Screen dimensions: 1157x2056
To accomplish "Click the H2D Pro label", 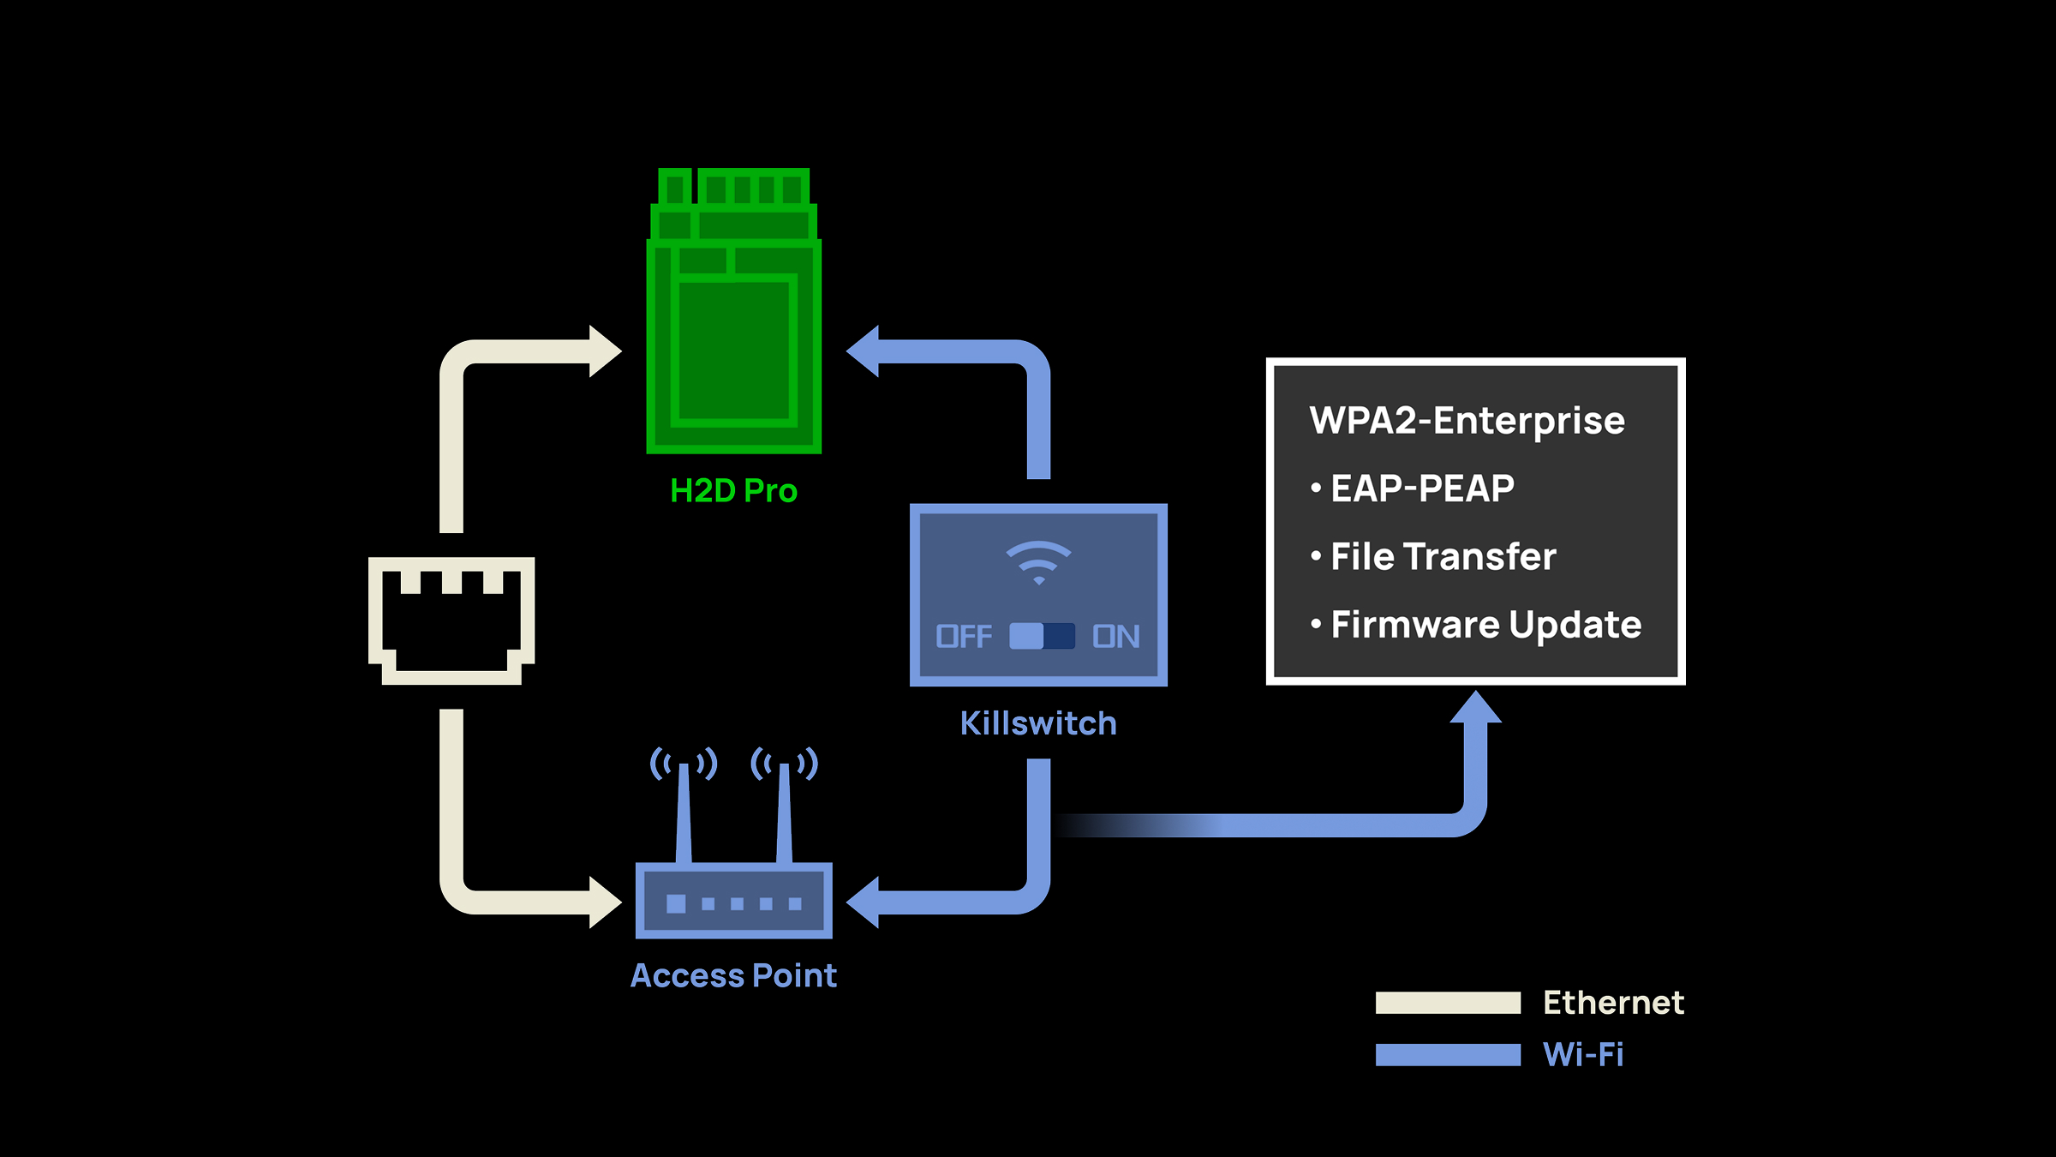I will [733, 491].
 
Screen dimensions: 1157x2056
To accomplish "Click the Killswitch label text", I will [1038, 723].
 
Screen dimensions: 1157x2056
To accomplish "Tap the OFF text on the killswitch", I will [964, 636].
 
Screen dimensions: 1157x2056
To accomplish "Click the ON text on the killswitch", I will [1115, 636].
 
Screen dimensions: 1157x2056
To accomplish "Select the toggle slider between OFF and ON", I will [1042, 636].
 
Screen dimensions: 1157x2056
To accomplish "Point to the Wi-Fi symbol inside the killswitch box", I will [1038, 562].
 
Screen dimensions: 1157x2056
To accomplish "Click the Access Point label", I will [733, 975].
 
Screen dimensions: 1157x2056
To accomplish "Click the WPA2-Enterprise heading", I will [1467, 421].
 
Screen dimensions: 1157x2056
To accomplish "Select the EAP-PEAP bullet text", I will [1422, 489].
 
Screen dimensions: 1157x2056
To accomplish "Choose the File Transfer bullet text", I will [1443, 556].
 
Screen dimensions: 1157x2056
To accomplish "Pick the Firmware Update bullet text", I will [1486, 625].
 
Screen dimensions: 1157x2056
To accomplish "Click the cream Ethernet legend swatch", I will [1448, 1003].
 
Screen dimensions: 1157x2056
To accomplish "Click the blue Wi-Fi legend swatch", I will [1448, 1055].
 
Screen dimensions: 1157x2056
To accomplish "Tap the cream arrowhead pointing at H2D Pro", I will [604, 351].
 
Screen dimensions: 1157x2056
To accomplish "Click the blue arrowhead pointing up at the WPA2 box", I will [1475, 709].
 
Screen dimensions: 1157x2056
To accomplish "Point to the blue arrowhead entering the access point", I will [864, 902].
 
